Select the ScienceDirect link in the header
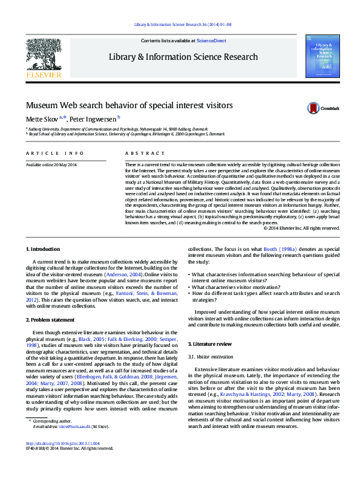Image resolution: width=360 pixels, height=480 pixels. tap(211, 41)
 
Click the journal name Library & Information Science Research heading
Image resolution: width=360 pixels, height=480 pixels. tap(183, 57)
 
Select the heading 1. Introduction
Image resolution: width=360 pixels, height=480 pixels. tap(42, 249)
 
